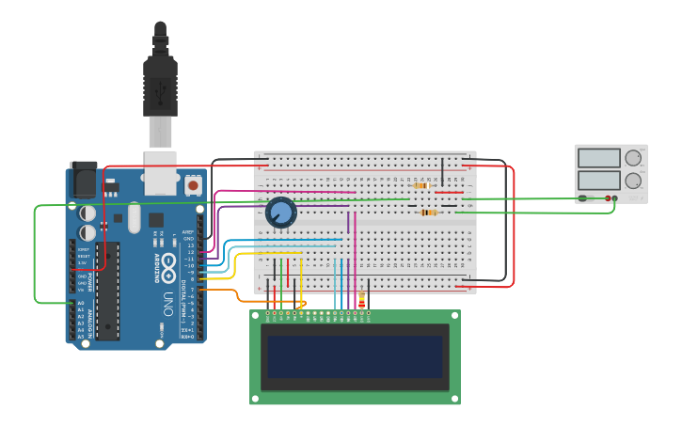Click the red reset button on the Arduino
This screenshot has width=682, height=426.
tap(193, 185)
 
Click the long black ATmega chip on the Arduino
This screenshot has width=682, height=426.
tap(107, 292)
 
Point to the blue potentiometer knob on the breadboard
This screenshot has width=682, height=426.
tap(280, 213)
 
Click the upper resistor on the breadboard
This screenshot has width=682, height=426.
tap(420, 186)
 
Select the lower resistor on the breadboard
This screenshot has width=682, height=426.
tap(429, 213)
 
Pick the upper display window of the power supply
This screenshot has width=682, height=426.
tap(600, 158)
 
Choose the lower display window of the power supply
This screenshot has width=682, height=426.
tap(600, 180)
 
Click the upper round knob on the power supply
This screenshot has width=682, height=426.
tap(634, 158)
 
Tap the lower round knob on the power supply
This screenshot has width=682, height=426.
tap(634, 180)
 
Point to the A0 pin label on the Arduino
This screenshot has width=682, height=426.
tap(80, 303)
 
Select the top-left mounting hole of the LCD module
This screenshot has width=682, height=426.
tap(255, 315)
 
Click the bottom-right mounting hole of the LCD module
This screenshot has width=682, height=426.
tap(455, 399)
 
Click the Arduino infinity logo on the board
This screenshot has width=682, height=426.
tap(169, 263)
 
